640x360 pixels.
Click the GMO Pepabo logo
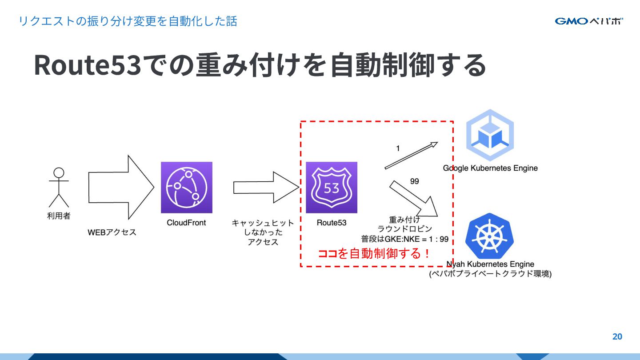coord(588,21)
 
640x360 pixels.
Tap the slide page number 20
coord(617,336)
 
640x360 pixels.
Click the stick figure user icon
coord(59,187)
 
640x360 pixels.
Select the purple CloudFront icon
coord(187,187)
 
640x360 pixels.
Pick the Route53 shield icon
coord(332,187)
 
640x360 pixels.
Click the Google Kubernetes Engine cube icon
coord(490,135)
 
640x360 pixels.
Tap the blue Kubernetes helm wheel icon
coord(489,236)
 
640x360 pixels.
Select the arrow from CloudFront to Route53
coord(266,188)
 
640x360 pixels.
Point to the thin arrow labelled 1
coord(411,156)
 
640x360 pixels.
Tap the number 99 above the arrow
coord(414,181)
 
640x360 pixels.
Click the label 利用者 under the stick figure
coord(59,216)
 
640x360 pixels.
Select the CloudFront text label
coord(186,223)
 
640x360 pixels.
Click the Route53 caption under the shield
coord(332,223)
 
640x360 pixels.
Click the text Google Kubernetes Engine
coord(490,168)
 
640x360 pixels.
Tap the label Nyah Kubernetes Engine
coord(490,264)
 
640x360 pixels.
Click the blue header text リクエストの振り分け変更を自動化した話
coord(128,21)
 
